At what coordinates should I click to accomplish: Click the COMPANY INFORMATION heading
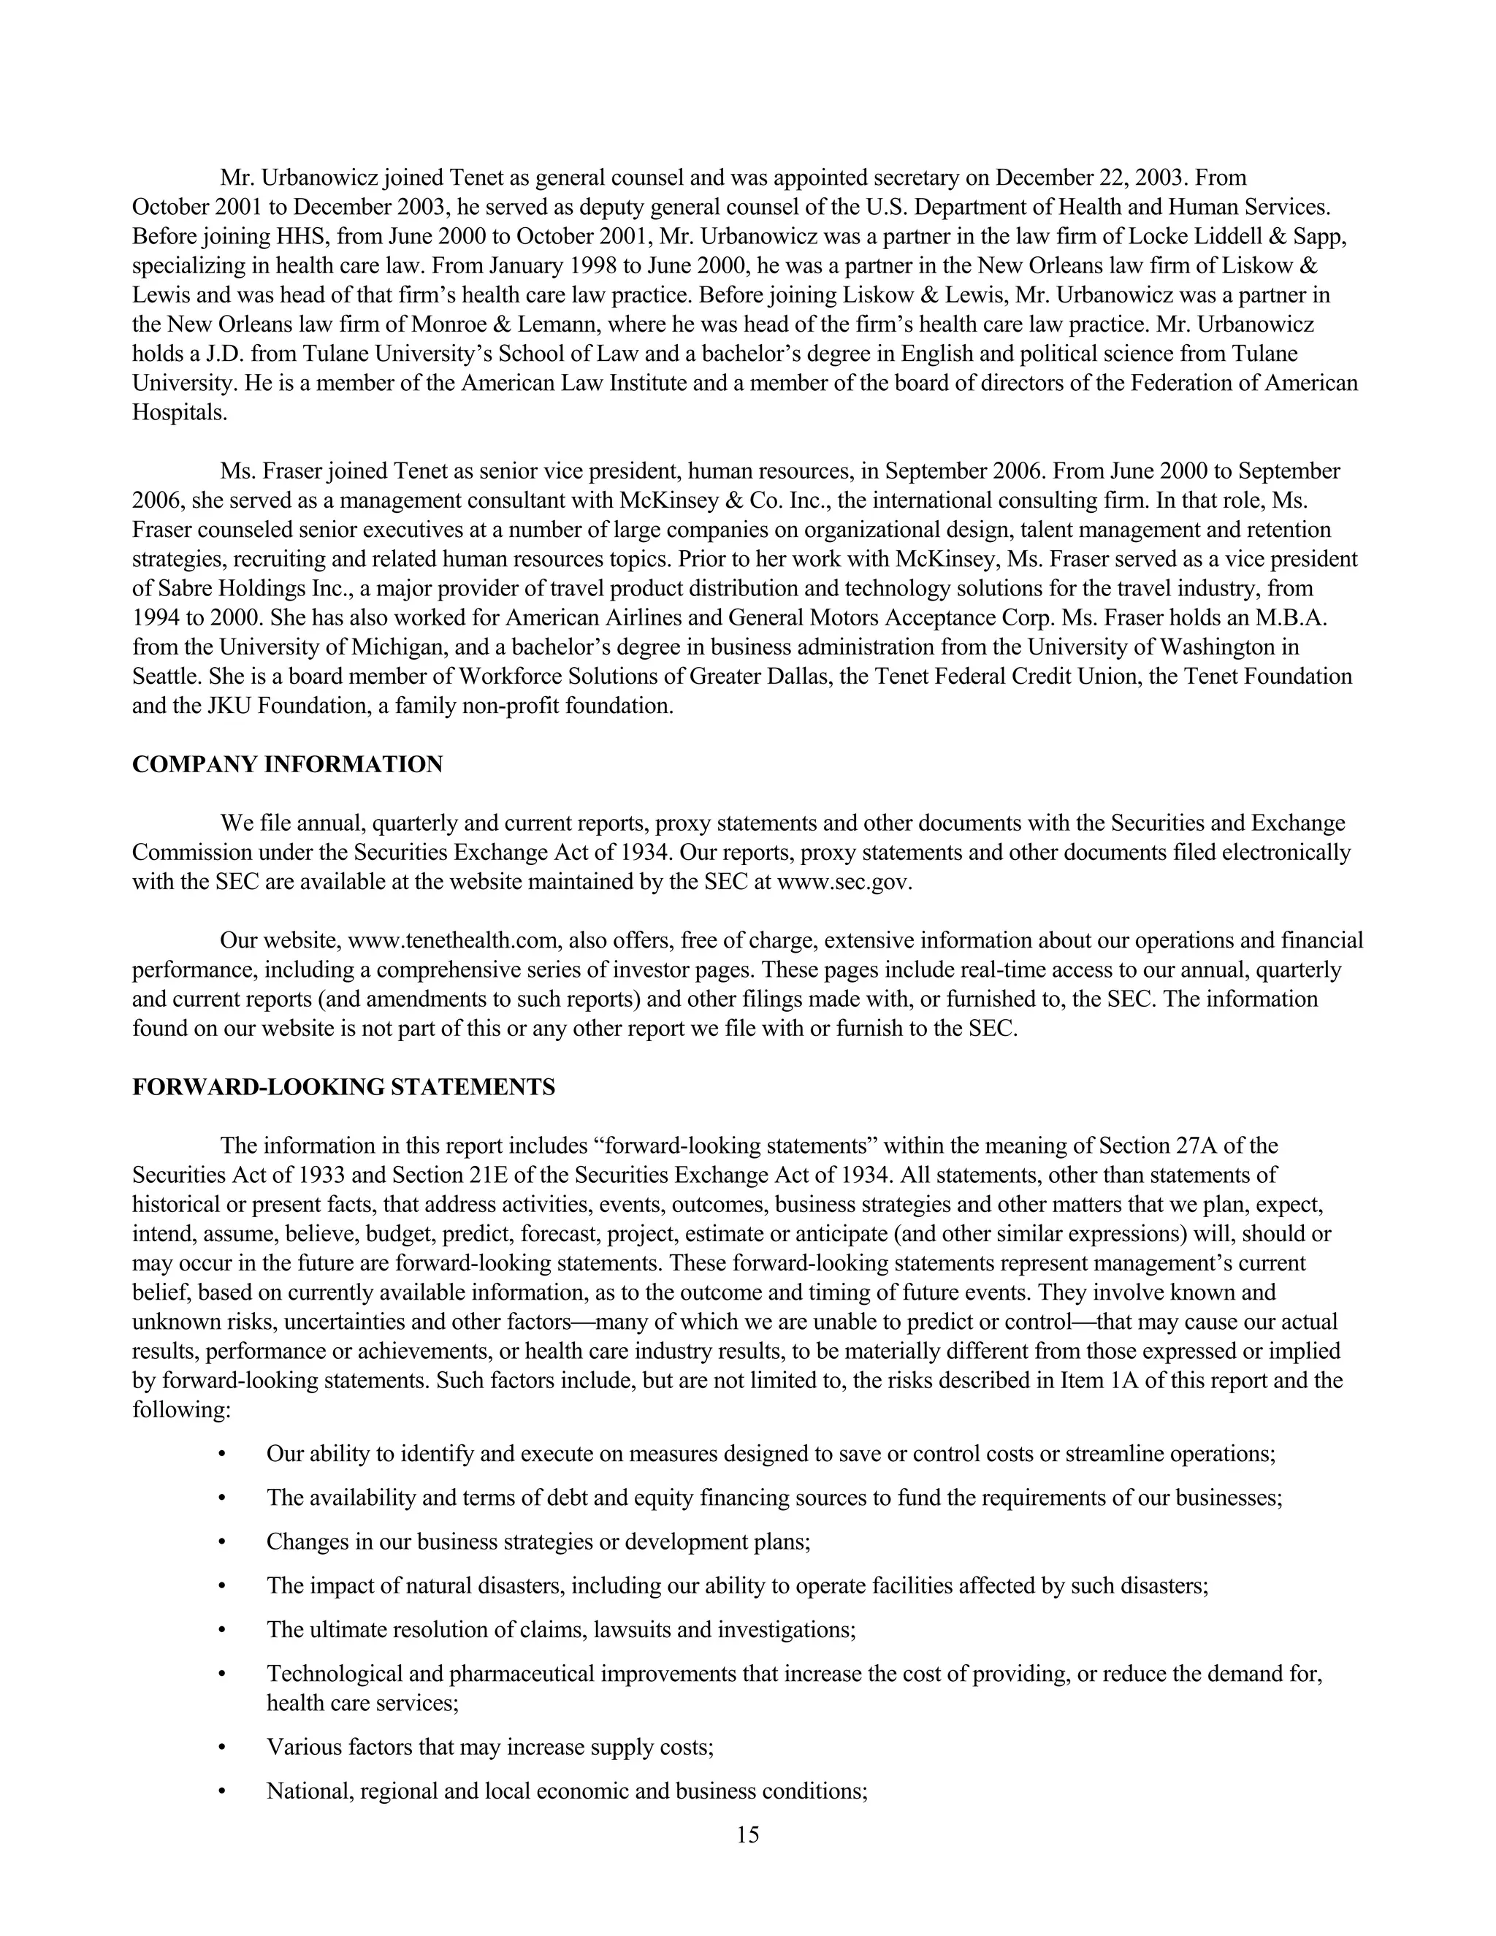(x=287, y=765)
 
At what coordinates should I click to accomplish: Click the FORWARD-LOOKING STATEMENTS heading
(x=343, y=1088)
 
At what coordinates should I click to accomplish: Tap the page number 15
(x=747, y=1835)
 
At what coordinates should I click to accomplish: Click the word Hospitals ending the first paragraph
(x=179, y=413)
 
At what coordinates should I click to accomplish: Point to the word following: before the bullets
(x=181, y=1410)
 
